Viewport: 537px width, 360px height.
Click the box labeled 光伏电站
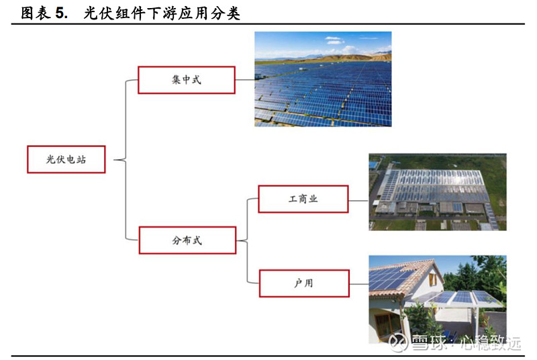[66, 159]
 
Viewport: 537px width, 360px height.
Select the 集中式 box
[187, 80]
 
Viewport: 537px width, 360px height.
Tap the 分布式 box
[187, 240]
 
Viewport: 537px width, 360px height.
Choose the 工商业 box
[303, 199]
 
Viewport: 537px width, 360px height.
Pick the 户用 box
[304, 283]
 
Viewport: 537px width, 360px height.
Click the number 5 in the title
[60, 13]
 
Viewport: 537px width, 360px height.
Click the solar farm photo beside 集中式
[323, 79]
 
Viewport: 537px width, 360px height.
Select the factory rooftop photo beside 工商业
[438, 192]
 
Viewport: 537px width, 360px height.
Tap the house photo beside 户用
[438, 299]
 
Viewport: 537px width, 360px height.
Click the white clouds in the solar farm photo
[334, 40]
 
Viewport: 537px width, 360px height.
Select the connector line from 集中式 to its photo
[245, 80]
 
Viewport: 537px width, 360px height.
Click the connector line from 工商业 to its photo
[358, 201]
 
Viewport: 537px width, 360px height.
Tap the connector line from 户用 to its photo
[359, 284]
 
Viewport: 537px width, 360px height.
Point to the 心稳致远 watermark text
[490, 343]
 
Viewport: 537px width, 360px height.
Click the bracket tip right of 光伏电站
[114, 160]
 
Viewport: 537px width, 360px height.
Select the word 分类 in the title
[226, 13]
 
